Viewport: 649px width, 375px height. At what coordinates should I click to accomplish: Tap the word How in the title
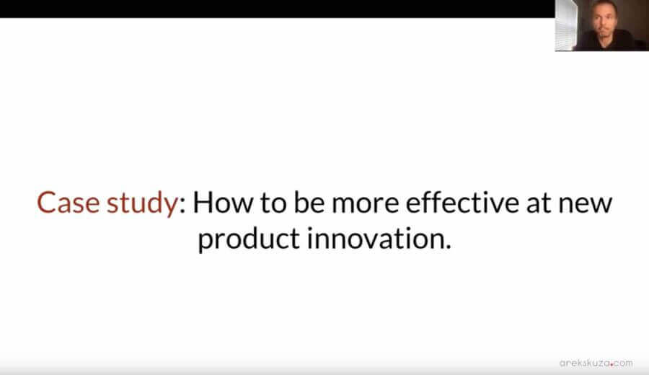[x=219, y=203]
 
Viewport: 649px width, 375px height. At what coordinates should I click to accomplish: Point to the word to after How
[x=270, y=204]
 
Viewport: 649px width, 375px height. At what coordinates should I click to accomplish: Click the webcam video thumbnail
[x=601, y=25]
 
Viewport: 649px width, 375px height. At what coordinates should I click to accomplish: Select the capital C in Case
[x=47, y=203]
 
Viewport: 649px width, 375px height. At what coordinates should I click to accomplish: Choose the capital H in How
[x=204, y=203]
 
